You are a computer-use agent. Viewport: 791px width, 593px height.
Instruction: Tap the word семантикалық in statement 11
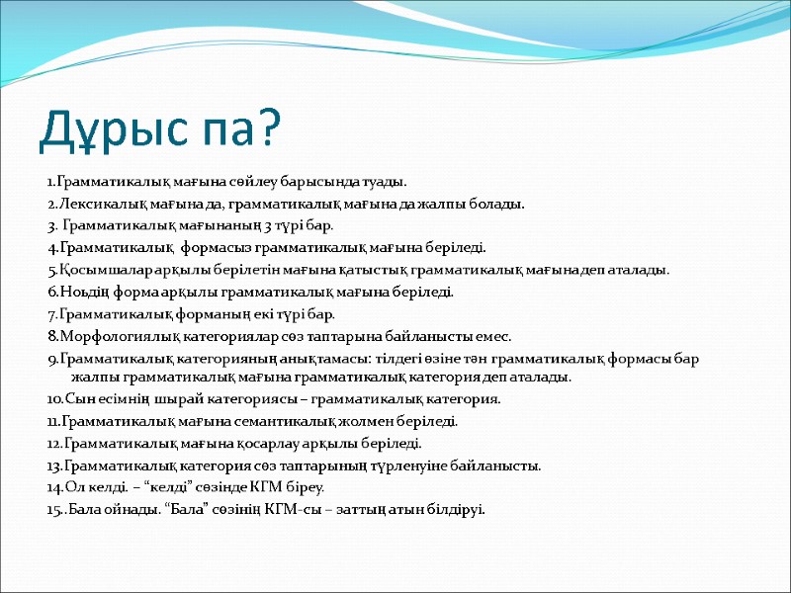(280, 421)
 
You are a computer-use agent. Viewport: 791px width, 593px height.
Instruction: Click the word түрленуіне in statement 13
(438, 466)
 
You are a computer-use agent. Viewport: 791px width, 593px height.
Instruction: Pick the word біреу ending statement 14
(303, 487)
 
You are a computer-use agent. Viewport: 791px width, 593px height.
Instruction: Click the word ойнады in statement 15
(124, 510)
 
